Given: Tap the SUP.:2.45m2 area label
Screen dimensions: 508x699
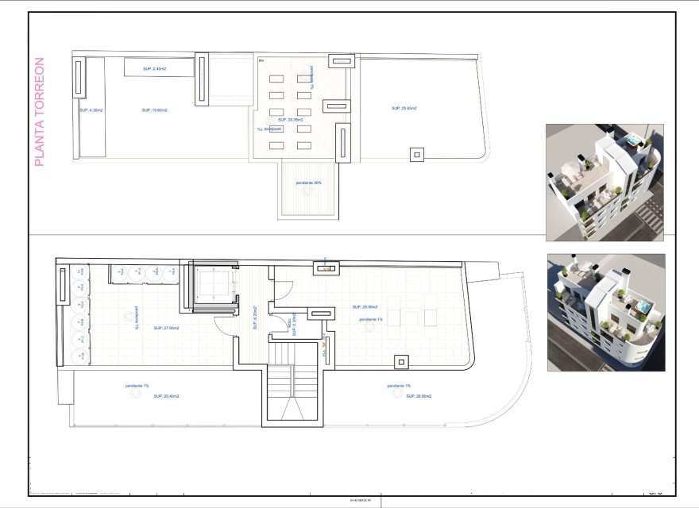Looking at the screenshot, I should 155,69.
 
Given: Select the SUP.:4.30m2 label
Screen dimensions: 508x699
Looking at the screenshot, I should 91,110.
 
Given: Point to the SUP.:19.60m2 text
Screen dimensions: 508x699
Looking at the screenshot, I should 154,110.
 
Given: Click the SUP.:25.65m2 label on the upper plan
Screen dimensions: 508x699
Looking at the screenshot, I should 404,108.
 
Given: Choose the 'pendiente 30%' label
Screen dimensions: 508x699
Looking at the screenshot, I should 308,183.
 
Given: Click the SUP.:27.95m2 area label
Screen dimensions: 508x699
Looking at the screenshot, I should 166,328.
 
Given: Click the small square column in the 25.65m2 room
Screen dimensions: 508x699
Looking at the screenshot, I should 416,155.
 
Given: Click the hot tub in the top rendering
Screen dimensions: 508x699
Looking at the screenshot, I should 633,141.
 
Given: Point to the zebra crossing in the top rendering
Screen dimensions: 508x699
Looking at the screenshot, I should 651,210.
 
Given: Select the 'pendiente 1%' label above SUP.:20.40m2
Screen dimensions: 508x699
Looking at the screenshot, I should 137,386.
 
